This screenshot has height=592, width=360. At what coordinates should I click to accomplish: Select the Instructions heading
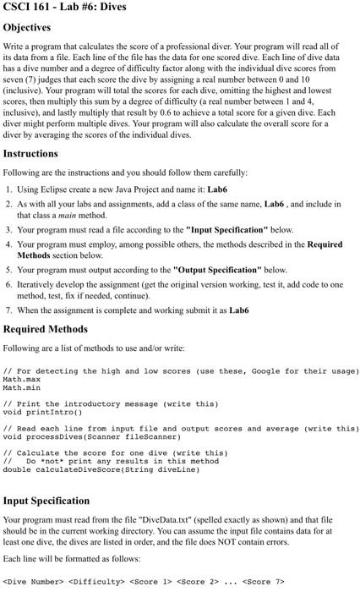point(42,154)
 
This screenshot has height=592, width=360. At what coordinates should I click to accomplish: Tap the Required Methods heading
point(54,328)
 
